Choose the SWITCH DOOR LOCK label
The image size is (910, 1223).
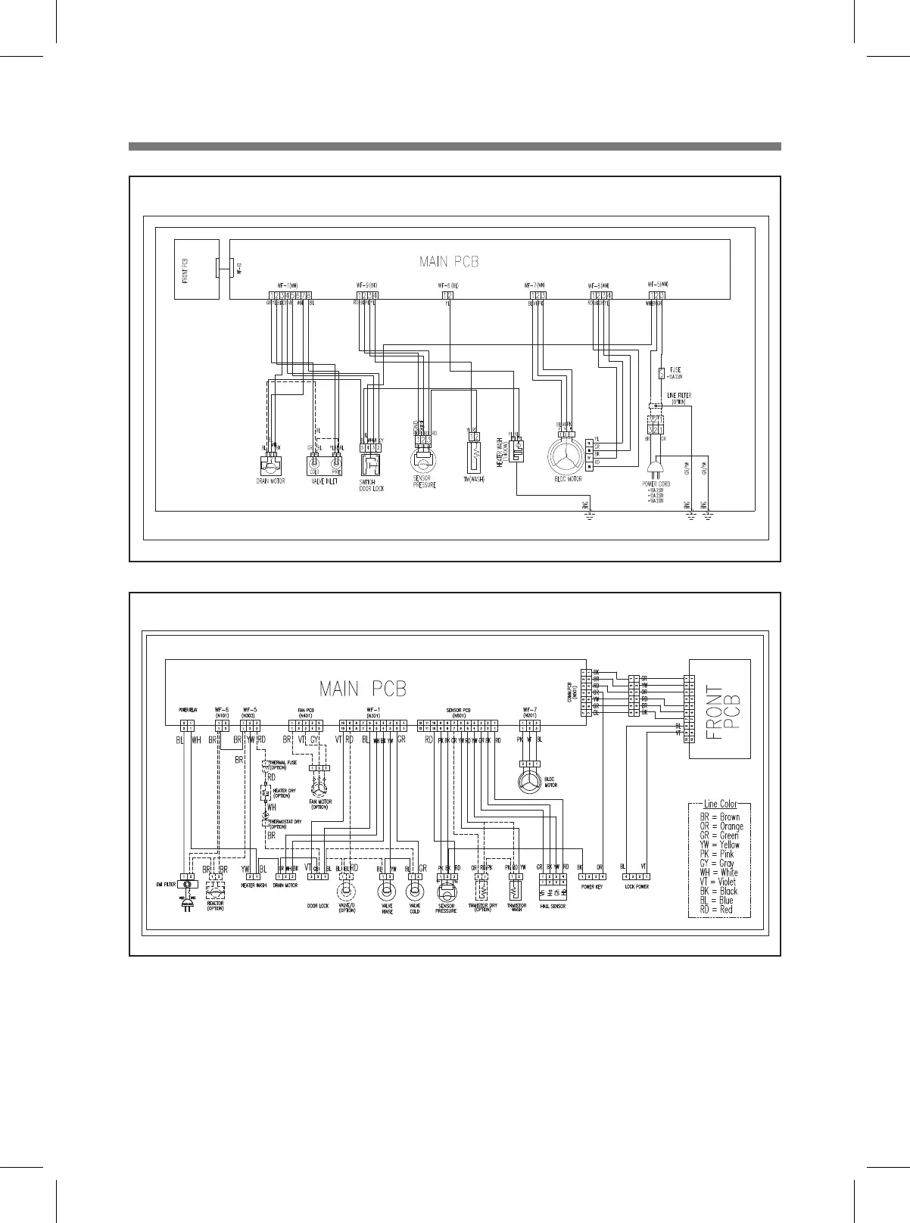(372, 484)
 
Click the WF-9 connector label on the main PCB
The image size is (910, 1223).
(367, 285)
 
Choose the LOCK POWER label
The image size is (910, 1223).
(635, 886)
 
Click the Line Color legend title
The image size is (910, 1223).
(720, 804)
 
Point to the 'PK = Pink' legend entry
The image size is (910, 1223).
(716, 854)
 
